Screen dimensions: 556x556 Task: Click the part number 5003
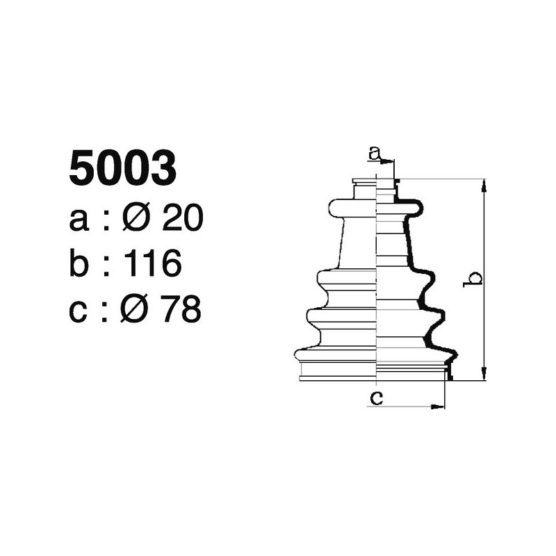[x=122, y=169]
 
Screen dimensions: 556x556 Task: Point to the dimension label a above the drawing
[x=375, y=153]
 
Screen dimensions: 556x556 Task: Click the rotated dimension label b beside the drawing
[x=474, y=279]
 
